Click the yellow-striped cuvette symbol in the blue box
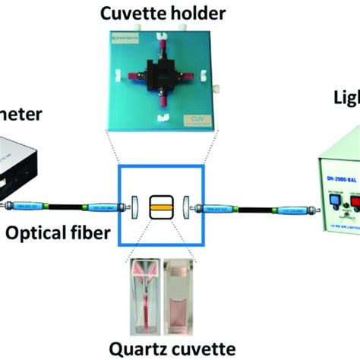(x=162, y=204)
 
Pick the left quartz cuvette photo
(x=145, y=296)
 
